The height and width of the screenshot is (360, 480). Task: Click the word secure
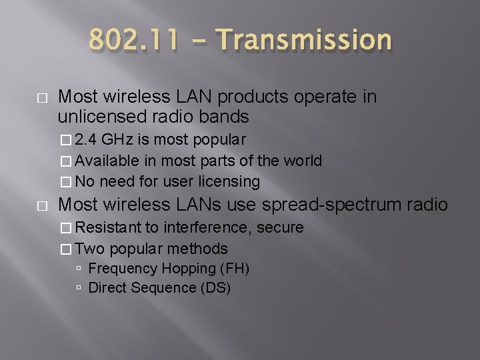coord(279,228)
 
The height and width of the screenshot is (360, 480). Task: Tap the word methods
coord(199,248)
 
